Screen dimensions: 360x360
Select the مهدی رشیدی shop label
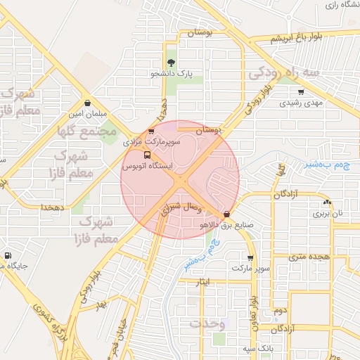tap(301, 103)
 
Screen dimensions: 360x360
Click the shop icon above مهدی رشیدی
tap(301, 91)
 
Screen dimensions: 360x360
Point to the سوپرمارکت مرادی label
tap(153, 142)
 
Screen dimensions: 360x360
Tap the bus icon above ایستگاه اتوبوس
tap(146, 155)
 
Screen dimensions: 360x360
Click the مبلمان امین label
tap(86, 113)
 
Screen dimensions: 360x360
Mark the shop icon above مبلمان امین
tap(86, 103)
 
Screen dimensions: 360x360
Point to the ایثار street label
tap(203, 281)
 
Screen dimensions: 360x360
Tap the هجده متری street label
tap(312, 257)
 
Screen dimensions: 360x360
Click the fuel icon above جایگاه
tap(8, 256)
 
